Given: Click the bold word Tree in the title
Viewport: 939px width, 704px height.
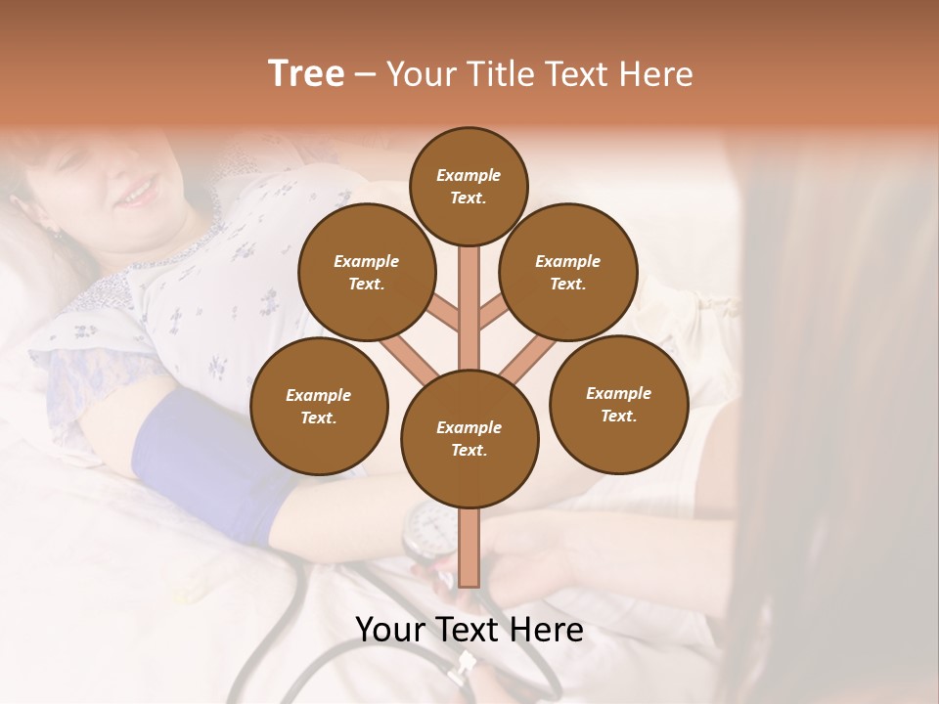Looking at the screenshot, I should (x=306, y=74).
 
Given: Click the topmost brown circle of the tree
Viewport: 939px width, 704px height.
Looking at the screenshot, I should (x=469, y=186).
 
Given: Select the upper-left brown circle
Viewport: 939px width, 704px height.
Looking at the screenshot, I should (x=367, y=273).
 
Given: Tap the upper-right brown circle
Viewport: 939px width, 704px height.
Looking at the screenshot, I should (x=568, y=273).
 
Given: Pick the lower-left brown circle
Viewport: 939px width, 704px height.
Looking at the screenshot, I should (x=319, y=407).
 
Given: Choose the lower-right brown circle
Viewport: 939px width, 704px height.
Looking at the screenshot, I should (x=618, y=404).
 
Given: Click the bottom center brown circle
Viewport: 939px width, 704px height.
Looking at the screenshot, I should (x=469, y=439).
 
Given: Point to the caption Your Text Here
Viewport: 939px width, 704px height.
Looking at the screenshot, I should (x=469, y=630).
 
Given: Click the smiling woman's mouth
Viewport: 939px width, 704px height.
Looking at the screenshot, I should (x=137, y=192).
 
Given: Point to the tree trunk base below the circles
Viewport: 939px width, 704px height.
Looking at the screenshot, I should (x=469, y=552).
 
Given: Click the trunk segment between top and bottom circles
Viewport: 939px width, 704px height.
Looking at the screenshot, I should (x=469, y=303).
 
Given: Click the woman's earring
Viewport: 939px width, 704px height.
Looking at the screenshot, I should (x=56, y=235).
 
